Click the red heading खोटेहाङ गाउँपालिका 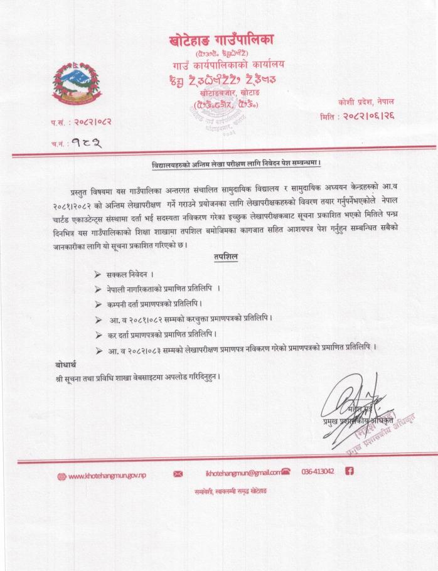click(222, 41)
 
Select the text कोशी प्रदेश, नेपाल click(374, 101)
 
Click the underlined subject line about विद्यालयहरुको click(237, 164)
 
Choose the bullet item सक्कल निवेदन click(124, 275)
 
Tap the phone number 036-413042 click(318, 472)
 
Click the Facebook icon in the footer click(350, 472)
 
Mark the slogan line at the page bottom click(230, 491)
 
